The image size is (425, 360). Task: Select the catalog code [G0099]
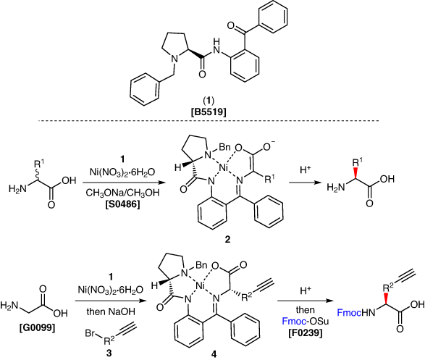tap(37, 327)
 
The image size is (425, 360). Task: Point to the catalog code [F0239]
tap(306, 332)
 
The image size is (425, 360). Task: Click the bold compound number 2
tap(227, 239)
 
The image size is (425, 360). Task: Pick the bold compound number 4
tap(214, 353)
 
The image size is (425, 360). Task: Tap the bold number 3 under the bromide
tap(109, 353)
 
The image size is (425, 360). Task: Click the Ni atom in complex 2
tap(223, 168)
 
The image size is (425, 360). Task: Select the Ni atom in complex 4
tap(200, 285)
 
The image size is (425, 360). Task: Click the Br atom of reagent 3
tap(91, 332)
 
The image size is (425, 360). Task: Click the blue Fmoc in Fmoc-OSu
tap(294, 322)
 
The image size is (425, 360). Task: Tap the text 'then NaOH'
tap(111, 311)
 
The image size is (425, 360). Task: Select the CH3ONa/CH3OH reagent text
tap(122, 193)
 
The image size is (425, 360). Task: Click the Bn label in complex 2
tap(224, 147)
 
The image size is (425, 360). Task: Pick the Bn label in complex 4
tap(201, 264)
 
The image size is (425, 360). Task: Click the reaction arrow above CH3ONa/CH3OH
tap(124, 183)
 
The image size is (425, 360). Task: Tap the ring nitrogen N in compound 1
tap(175, 58)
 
